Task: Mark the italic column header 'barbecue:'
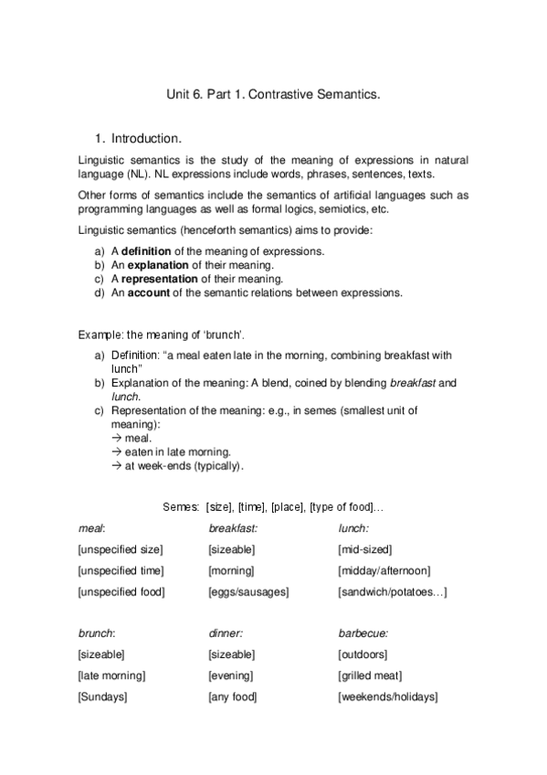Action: [363, 632]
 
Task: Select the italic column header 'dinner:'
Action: [226, 632]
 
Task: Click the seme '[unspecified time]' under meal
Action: [121, 570]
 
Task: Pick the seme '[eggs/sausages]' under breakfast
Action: [248, 592]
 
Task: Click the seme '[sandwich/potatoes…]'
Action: [392, 592]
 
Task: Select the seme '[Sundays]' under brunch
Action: [102, 697]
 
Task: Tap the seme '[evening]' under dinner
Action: [231, 675]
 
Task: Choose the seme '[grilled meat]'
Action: [370, 675]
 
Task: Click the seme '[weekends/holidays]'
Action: [387, 697]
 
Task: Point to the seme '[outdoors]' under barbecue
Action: [363, 654]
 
